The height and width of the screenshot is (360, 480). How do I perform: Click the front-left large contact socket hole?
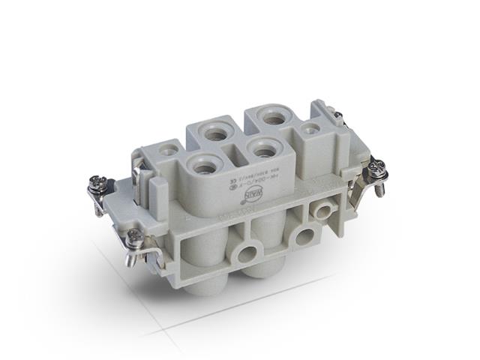(x=204, y=163)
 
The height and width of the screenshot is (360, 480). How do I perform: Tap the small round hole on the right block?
(x=307, y=128)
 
